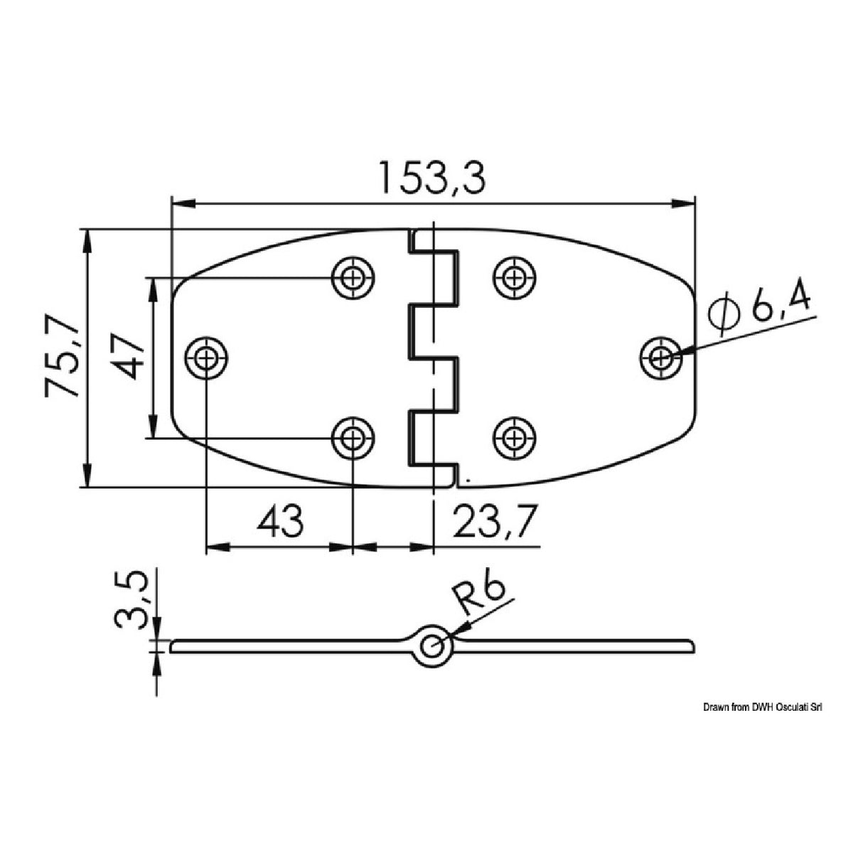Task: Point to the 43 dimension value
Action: (x=280, y=522)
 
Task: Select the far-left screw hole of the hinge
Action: (x=206, y=358)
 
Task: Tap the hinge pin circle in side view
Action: (x=431, y=646)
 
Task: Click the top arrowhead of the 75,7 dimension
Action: (x=87, y=240)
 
